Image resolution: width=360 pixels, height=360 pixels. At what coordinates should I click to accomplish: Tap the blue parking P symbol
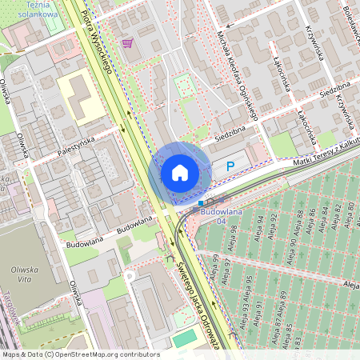click(230, 166)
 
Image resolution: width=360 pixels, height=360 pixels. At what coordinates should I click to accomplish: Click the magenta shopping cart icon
click(127, 43)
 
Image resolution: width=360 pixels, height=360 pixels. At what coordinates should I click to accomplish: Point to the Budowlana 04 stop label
click(221, 215)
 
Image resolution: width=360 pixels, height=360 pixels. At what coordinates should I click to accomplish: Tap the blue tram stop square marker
click(201, 204)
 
